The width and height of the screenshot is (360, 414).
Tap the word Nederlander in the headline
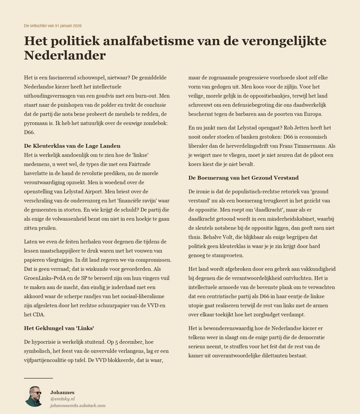click(x=65, y=55)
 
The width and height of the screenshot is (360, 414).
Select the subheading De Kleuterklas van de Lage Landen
click(x=72, y=146)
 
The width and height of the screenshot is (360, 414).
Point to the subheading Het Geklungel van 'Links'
click(x=59, y=328)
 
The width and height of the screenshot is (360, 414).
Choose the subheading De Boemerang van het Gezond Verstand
click(x=243, y=178)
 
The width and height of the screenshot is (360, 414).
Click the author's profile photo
click(x=34, y=397)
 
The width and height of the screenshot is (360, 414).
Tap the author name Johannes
click(x=62, y=392)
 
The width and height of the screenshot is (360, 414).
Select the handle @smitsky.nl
click(x=62, y=399)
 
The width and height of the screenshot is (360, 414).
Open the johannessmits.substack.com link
click(x=78, y=405)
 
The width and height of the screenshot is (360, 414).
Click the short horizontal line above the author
click(x=39, y=378)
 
